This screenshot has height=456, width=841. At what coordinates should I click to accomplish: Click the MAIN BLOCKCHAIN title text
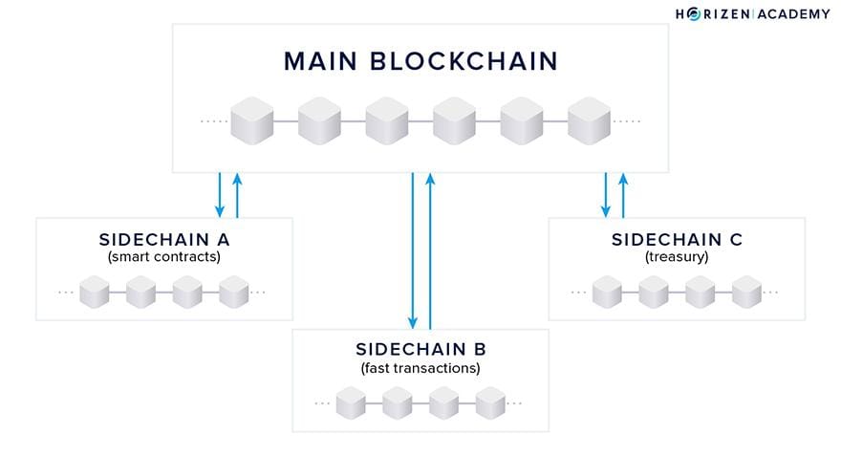420,61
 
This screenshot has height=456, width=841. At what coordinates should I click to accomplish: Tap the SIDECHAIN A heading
164,239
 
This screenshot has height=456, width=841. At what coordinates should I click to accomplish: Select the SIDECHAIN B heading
420,348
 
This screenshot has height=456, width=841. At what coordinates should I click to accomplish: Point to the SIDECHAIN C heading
677,239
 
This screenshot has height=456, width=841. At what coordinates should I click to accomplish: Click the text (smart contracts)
164,257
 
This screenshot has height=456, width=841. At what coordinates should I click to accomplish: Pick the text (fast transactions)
420,367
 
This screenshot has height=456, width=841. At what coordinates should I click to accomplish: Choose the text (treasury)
677,257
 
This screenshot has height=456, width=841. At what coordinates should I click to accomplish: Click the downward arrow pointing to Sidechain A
220,194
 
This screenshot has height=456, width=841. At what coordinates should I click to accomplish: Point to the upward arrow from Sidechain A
238,194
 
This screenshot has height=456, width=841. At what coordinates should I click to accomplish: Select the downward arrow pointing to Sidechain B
413,250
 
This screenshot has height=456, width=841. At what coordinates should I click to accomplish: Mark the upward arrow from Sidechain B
431,250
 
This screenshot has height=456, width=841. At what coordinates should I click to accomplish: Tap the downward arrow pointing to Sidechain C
605,194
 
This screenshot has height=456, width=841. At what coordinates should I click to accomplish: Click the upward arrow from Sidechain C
623,194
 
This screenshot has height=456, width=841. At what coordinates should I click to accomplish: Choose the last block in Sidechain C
746,292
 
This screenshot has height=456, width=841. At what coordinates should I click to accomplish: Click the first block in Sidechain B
350,402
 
